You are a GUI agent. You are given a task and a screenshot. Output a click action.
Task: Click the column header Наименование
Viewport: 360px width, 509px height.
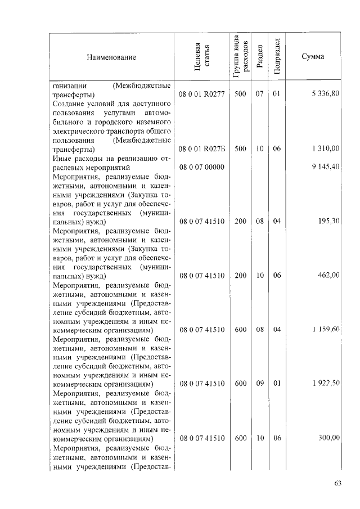111,57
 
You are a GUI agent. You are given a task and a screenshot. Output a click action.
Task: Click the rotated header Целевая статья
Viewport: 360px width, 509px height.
202,57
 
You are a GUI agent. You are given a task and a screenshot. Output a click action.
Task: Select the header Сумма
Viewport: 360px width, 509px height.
312,57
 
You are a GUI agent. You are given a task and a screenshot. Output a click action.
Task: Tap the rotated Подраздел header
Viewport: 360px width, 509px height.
276,57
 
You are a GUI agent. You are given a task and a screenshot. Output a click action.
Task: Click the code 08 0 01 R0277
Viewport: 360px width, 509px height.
202,94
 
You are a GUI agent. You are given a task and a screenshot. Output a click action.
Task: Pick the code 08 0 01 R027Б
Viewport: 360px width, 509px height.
202,149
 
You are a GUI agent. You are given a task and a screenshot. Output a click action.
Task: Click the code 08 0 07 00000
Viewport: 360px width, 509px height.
202,167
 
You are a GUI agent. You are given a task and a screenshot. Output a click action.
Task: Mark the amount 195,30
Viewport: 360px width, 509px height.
328,222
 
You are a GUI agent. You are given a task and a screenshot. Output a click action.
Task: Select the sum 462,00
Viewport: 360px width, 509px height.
328,276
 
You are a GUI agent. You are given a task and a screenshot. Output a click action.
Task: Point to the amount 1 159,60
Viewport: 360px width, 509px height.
325,330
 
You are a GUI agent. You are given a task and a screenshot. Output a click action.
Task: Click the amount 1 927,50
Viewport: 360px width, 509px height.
325,384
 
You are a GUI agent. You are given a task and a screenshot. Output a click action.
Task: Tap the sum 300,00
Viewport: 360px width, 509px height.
328,438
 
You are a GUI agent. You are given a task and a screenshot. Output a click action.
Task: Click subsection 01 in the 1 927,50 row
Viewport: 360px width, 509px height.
276,384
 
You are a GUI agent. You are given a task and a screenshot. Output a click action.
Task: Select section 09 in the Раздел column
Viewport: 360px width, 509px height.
259,384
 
